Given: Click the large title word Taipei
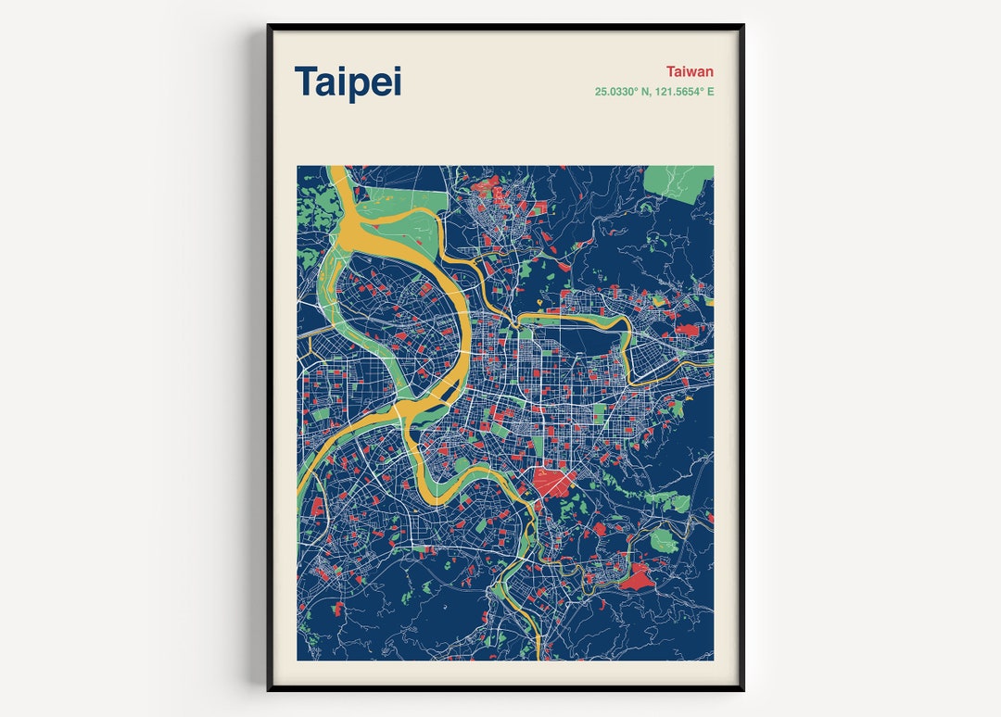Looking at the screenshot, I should click(x=348, y=82).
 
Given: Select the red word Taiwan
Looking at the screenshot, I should click(x=690, y=71).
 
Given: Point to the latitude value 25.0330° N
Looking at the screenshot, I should click(x=626, y=92).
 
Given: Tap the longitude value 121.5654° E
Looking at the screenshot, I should click(x=685, y=92).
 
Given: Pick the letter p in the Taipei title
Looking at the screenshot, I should click(x=362, y=84).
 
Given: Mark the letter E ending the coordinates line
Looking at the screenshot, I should click(x=710, y=92).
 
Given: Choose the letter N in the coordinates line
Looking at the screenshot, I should click(x=649, y=92).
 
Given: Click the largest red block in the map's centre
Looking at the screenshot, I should click(x=553, y=481).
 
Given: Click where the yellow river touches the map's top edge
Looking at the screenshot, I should click(x=337, y=168).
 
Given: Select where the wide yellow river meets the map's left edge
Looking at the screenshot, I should click(x=299, y=486).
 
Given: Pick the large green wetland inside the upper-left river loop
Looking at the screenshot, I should click(x=399, y=203).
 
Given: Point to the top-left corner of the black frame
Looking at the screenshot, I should click(x=269, y=26).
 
